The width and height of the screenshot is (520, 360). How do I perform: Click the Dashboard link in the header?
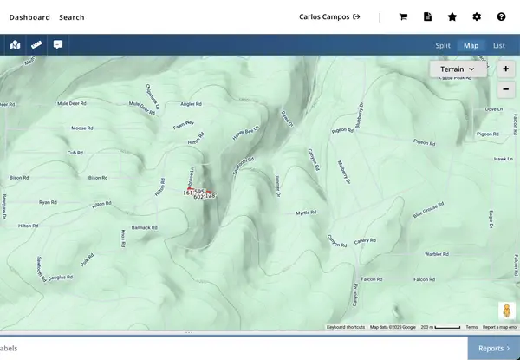(x=29, y=16)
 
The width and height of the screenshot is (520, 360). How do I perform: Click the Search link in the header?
(x=72, y=16)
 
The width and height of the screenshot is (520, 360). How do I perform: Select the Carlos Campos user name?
(x=324, y=16)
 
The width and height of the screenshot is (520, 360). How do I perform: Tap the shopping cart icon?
(x=403, y=16)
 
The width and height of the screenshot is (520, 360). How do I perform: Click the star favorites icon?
(x=452, y=16)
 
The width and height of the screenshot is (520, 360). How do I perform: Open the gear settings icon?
(x=477, y=16)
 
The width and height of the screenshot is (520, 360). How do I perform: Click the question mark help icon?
(x=501, y=16)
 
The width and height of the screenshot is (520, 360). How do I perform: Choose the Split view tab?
(x=443, y=45)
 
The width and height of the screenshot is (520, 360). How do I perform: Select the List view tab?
(x=498, y=45)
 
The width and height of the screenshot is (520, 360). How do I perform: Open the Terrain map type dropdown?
(x=458, y=69)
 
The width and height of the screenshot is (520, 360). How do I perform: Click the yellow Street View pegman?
(x=506, y=310)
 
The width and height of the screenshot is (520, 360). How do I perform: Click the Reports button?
(x=493, y=348)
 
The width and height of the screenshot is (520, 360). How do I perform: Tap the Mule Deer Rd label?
(x=73, y=103)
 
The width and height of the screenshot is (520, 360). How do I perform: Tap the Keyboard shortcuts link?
(x=345, y=327)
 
